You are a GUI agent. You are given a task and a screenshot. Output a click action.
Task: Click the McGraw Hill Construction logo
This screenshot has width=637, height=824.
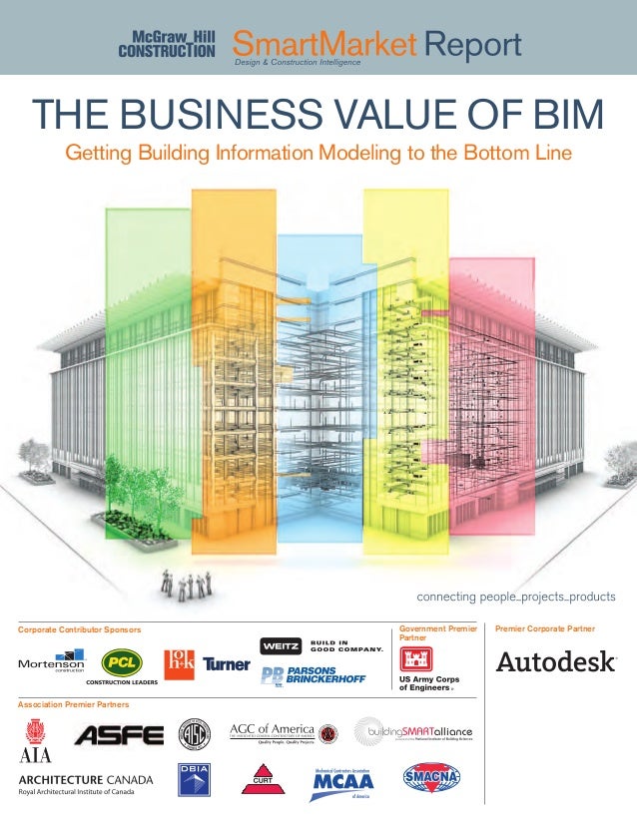click(x=167, y=44)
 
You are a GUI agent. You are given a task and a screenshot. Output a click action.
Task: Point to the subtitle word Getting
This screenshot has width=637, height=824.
click(x=98, y=154)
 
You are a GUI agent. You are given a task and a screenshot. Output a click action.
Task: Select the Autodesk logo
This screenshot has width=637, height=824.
click(x=556, y=662)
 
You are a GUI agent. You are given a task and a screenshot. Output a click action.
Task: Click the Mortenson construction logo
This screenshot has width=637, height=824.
click(x=51, y=663)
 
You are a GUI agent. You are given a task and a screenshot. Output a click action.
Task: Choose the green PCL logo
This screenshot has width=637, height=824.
click(x=125, y=661)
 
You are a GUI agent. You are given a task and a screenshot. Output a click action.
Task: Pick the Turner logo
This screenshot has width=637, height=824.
click(x=226, y=663)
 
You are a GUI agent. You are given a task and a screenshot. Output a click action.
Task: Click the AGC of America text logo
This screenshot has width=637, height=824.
click(x=272, y=732)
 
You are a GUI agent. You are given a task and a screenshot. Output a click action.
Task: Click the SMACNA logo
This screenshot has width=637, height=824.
click(x=430, y=777)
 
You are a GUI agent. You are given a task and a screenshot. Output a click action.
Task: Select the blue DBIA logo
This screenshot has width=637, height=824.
click(x=194, y=780)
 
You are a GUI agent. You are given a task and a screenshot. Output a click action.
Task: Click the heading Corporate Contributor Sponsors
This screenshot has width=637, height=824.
click(x=80, y=629)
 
